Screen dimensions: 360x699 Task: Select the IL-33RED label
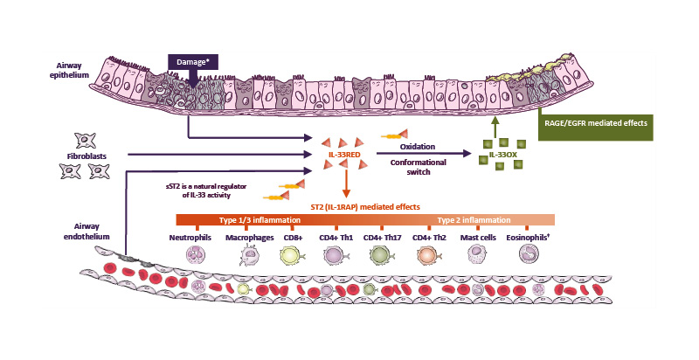click(344, 155)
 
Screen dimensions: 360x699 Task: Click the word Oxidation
click(417, 147)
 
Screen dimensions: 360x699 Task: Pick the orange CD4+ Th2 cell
click(430, 255)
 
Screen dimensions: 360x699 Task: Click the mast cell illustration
click(479, 255)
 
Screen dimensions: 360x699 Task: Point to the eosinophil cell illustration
click(530, 255)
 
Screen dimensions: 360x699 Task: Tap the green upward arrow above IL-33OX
click(495, 128)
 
